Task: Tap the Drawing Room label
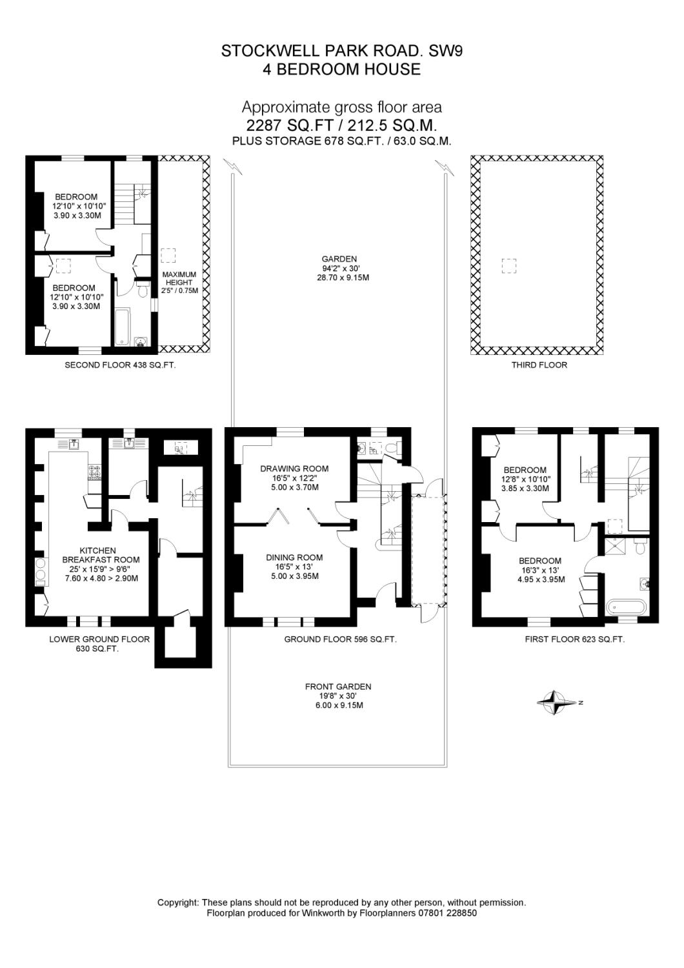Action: point(294,469)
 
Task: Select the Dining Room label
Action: point(294,558)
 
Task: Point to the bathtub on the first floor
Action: point(625,607)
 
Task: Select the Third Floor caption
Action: point(539,365)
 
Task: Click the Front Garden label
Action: point(338,687)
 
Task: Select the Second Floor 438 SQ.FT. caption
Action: point(120,365)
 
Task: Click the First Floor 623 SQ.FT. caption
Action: point(574,640)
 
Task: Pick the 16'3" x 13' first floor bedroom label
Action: point(532,570)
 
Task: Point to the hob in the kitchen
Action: point(95,472)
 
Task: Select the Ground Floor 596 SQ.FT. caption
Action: point(340,640)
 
